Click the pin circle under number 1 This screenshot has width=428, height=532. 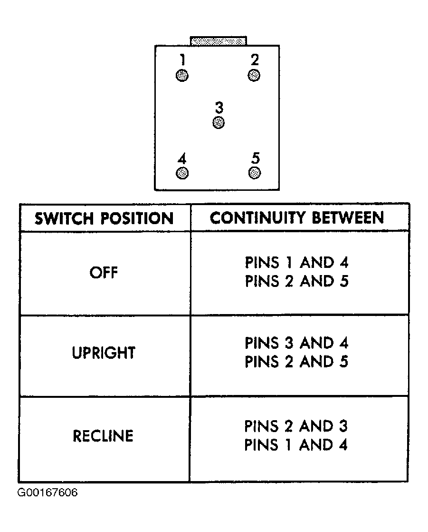(x=182, y=75)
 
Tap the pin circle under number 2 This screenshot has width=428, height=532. (x=254, y=75)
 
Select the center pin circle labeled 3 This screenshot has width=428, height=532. (x=219, y=122)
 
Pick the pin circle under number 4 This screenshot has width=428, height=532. (x=182, y=173)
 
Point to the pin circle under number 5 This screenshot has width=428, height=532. (x=255, y=173)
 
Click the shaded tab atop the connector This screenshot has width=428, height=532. (x=219, y=41)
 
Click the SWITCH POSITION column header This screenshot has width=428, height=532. (x=104, y=218)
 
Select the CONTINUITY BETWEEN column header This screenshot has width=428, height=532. (x=297, y=217)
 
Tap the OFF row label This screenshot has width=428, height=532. (x=104, y=273)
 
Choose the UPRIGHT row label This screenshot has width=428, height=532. (x=104, y=353)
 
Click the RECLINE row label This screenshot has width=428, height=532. (x=103, y=436)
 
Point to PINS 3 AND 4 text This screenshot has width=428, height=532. (x=296, y=343)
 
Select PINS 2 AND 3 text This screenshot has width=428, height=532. (x=296, y=426)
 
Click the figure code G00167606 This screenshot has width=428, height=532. (x=48, y=493)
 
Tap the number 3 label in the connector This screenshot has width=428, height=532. (x=219, y=108)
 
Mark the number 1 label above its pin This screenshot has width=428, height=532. (x=182, y=59)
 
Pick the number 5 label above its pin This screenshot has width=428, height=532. (x=256, y=158)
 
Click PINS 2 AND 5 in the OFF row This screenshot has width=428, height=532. (x=296, y=281)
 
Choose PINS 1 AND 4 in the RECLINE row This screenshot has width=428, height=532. (x=296, y=445)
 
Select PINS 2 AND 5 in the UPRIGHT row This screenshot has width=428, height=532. (x=296, y=362)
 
